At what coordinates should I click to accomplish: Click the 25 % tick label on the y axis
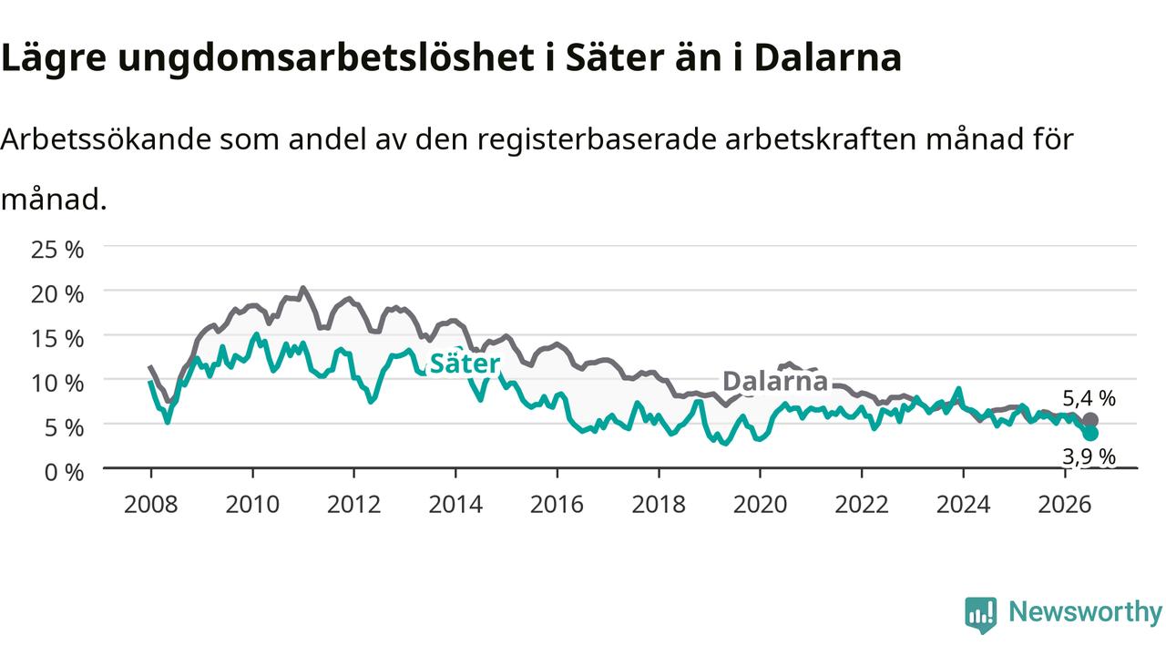(57, 250)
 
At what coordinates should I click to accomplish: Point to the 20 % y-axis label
(57, 294)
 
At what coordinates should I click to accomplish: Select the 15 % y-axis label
(57, 338)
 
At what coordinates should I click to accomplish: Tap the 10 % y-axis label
(57, 384)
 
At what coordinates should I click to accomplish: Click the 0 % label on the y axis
(64, 472)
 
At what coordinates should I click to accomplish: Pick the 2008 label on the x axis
(150, 505)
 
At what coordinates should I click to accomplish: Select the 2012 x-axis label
(354, 505)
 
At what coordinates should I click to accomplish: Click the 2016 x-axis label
(557, 505)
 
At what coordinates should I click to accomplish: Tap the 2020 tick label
(760, 505)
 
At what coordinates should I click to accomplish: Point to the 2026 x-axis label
(1065, 505)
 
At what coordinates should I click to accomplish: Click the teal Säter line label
(465, 363)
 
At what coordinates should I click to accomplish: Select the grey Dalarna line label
(775, 381)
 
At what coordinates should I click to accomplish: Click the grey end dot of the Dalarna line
(1090, 420)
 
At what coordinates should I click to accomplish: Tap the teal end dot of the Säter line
(1090, 433)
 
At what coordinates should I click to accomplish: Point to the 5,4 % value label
(1089, 398)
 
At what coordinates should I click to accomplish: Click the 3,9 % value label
(1089, 456)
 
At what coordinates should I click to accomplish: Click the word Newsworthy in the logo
(1085, 611)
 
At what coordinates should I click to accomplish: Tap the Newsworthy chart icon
(981, 615)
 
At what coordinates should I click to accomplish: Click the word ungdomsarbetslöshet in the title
(326, 57)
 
